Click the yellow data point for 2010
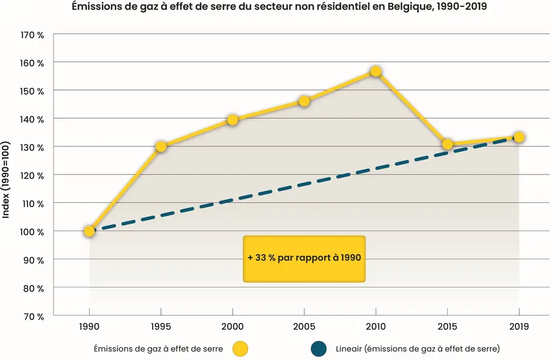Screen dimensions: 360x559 [x=376, y=72]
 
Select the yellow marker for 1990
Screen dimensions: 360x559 [x=89, y=231]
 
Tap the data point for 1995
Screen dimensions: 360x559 [x=161, y=146]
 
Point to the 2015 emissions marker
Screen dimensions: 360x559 [x=447, y=144]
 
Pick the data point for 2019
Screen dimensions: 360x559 [x=519, y=137]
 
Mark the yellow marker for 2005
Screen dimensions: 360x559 [x=304, y=101]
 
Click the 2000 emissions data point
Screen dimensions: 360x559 [x=233, y=120]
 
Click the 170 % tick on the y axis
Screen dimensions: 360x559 [x=32, y=35]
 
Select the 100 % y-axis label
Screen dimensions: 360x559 [x=32, y=231]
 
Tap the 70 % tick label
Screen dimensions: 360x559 [x=34, y=316]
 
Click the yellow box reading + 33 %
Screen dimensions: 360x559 [x=304, y=258]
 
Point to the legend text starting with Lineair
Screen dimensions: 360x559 [x=418, y=349]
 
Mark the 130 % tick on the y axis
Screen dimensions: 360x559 [x=32, y=147]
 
